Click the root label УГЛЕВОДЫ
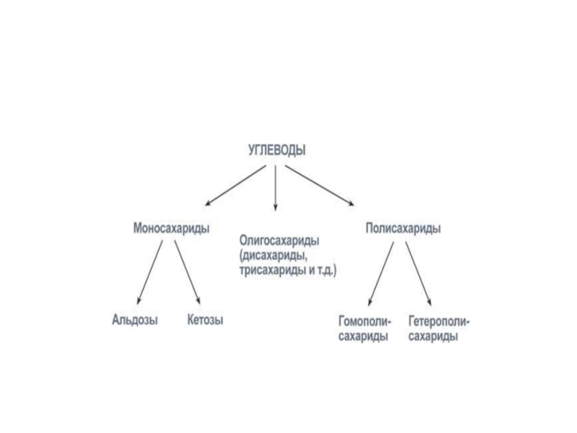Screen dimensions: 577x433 click(x=276, y=150)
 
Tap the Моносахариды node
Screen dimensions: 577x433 click(x=172, y=228)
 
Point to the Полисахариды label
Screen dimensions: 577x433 click(x=403, y=228)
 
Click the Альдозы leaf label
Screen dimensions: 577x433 click(x=135, y=320)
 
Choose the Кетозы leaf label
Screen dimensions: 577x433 click(x=205, y=320)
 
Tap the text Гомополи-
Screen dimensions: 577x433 click(x=365, y=320)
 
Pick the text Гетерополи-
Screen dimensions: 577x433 click(x=439, y=320)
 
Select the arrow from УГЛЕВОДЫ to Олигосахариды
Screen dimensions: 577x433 click(x=276, y=188)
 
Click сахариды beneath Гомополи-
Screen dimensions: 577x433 click(x=363, y=336)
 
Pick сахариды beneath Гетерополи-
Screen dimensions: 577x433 click(x=433, y=336)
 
